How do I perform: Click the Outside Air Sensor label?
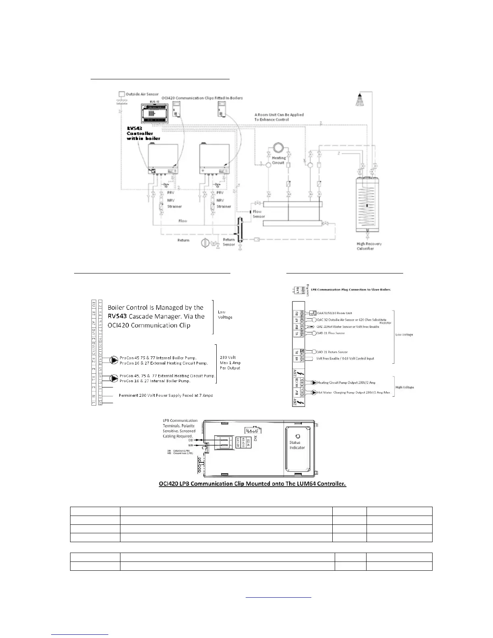(142, 94)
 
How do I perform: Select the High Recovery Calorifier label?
(369, 246)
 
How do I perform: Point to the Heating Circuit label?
(278, 160)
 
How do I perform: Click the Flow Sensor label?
(258, 214)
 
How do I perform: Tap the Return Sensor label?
(229, 242)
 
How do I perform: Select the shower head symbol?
(360, 99)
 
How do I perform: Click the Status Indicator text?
(297, 445)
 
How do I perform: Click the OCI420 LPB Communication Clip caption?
(252, 484)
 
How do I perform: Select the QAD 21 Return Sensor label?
(332, 352)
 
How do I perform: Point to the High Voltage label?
(404, 387)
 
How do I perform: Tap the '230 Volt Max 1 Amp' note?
(230, 362)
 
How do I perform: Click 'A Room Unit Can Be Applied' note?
(279, 115)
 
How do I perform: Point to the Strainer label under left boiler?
(174, 207)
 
